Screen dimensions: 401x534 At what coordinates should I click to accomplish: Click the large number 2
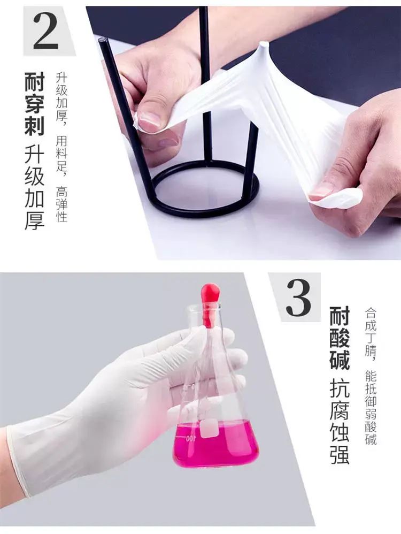[45, 32]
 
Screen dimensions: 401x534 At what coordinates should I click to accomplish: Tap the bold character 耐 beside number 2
[35, 82]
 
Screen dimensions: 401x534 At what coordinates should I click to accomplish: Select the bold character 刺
[35, 126]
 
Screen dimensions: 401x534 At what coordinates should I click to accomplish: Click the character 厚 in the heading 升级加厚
[35, 220]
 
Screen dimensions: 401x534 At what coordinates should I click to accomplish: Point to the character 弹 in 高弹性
[61, 204]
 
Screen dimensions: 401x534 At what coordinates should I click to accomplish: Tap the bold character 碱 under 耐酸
[340, 360]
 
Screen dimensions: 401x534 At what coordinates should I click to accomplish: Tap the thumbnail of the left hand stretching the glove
[149, 121]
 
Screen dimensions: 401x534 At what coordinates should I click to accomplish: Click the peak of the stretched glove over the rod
[263, 44]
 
